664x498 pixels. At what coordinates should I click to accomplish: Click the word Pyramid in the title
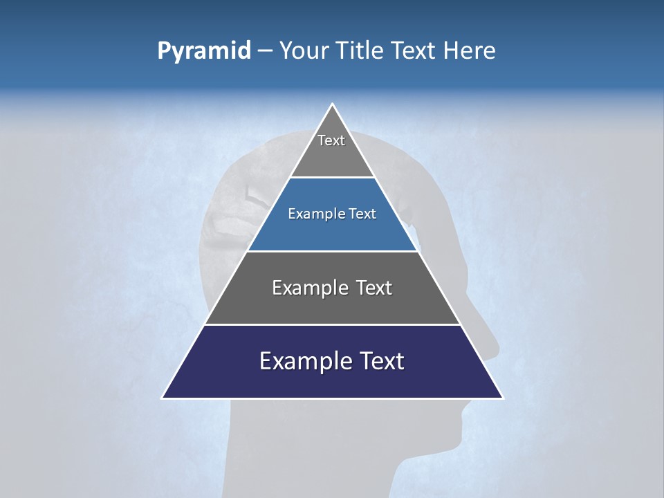[x=204, y=51]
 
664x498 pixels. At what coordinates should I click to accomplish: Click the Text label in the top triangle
[x=331, y=140]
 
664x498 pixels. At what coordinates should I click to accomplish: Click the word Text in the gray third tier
[x=374, y=288]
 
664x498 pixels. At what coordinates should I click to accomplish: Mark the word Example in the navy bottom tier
[x=299, y=361]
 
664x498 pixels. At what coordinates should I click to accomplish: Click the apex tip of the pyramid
[x=333, y=105]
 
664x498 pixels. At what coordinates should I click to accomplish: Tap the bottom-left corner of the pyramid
[x=163, y=398]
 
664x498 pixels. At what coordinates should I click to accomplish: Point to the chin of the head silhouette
[x=453, y=443]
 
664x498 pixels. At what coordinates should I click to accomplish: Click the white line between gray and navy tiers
[x=333, y=324]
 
